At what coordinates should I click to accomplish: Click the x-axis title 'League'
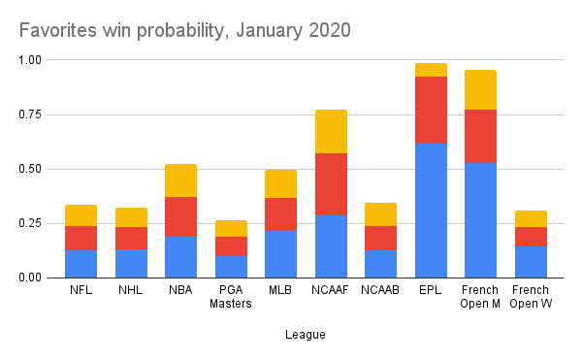pos(306,335)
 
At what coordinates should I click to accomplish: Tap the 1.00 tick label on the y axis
pos(32,60)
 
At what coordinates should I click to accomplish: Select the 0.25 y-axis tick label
pos(32,223)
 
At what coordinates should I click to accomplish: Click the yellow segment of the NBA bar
pos(180,180)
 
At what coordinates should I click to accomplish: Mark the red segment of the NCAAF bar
pos(331,183)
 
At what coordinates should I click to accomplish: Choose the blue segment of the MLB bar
pos(280,253)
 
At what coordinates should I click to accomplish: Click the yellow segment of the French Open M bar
pos(480,89)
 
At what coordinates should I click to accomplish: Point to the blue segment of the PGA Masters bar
pos(231,266)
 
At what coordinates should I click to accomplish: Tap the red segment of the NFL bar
pos(81,238)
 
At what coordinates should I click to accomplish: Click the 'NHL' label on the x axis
pos(131,290)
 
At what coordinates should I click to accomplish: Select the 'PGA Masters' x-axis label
pos(231,297)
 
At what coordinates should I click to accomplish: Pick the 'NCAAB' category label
pos(380,290)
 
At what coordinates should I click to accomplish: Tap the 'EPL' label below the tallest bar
pos(431,290)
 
